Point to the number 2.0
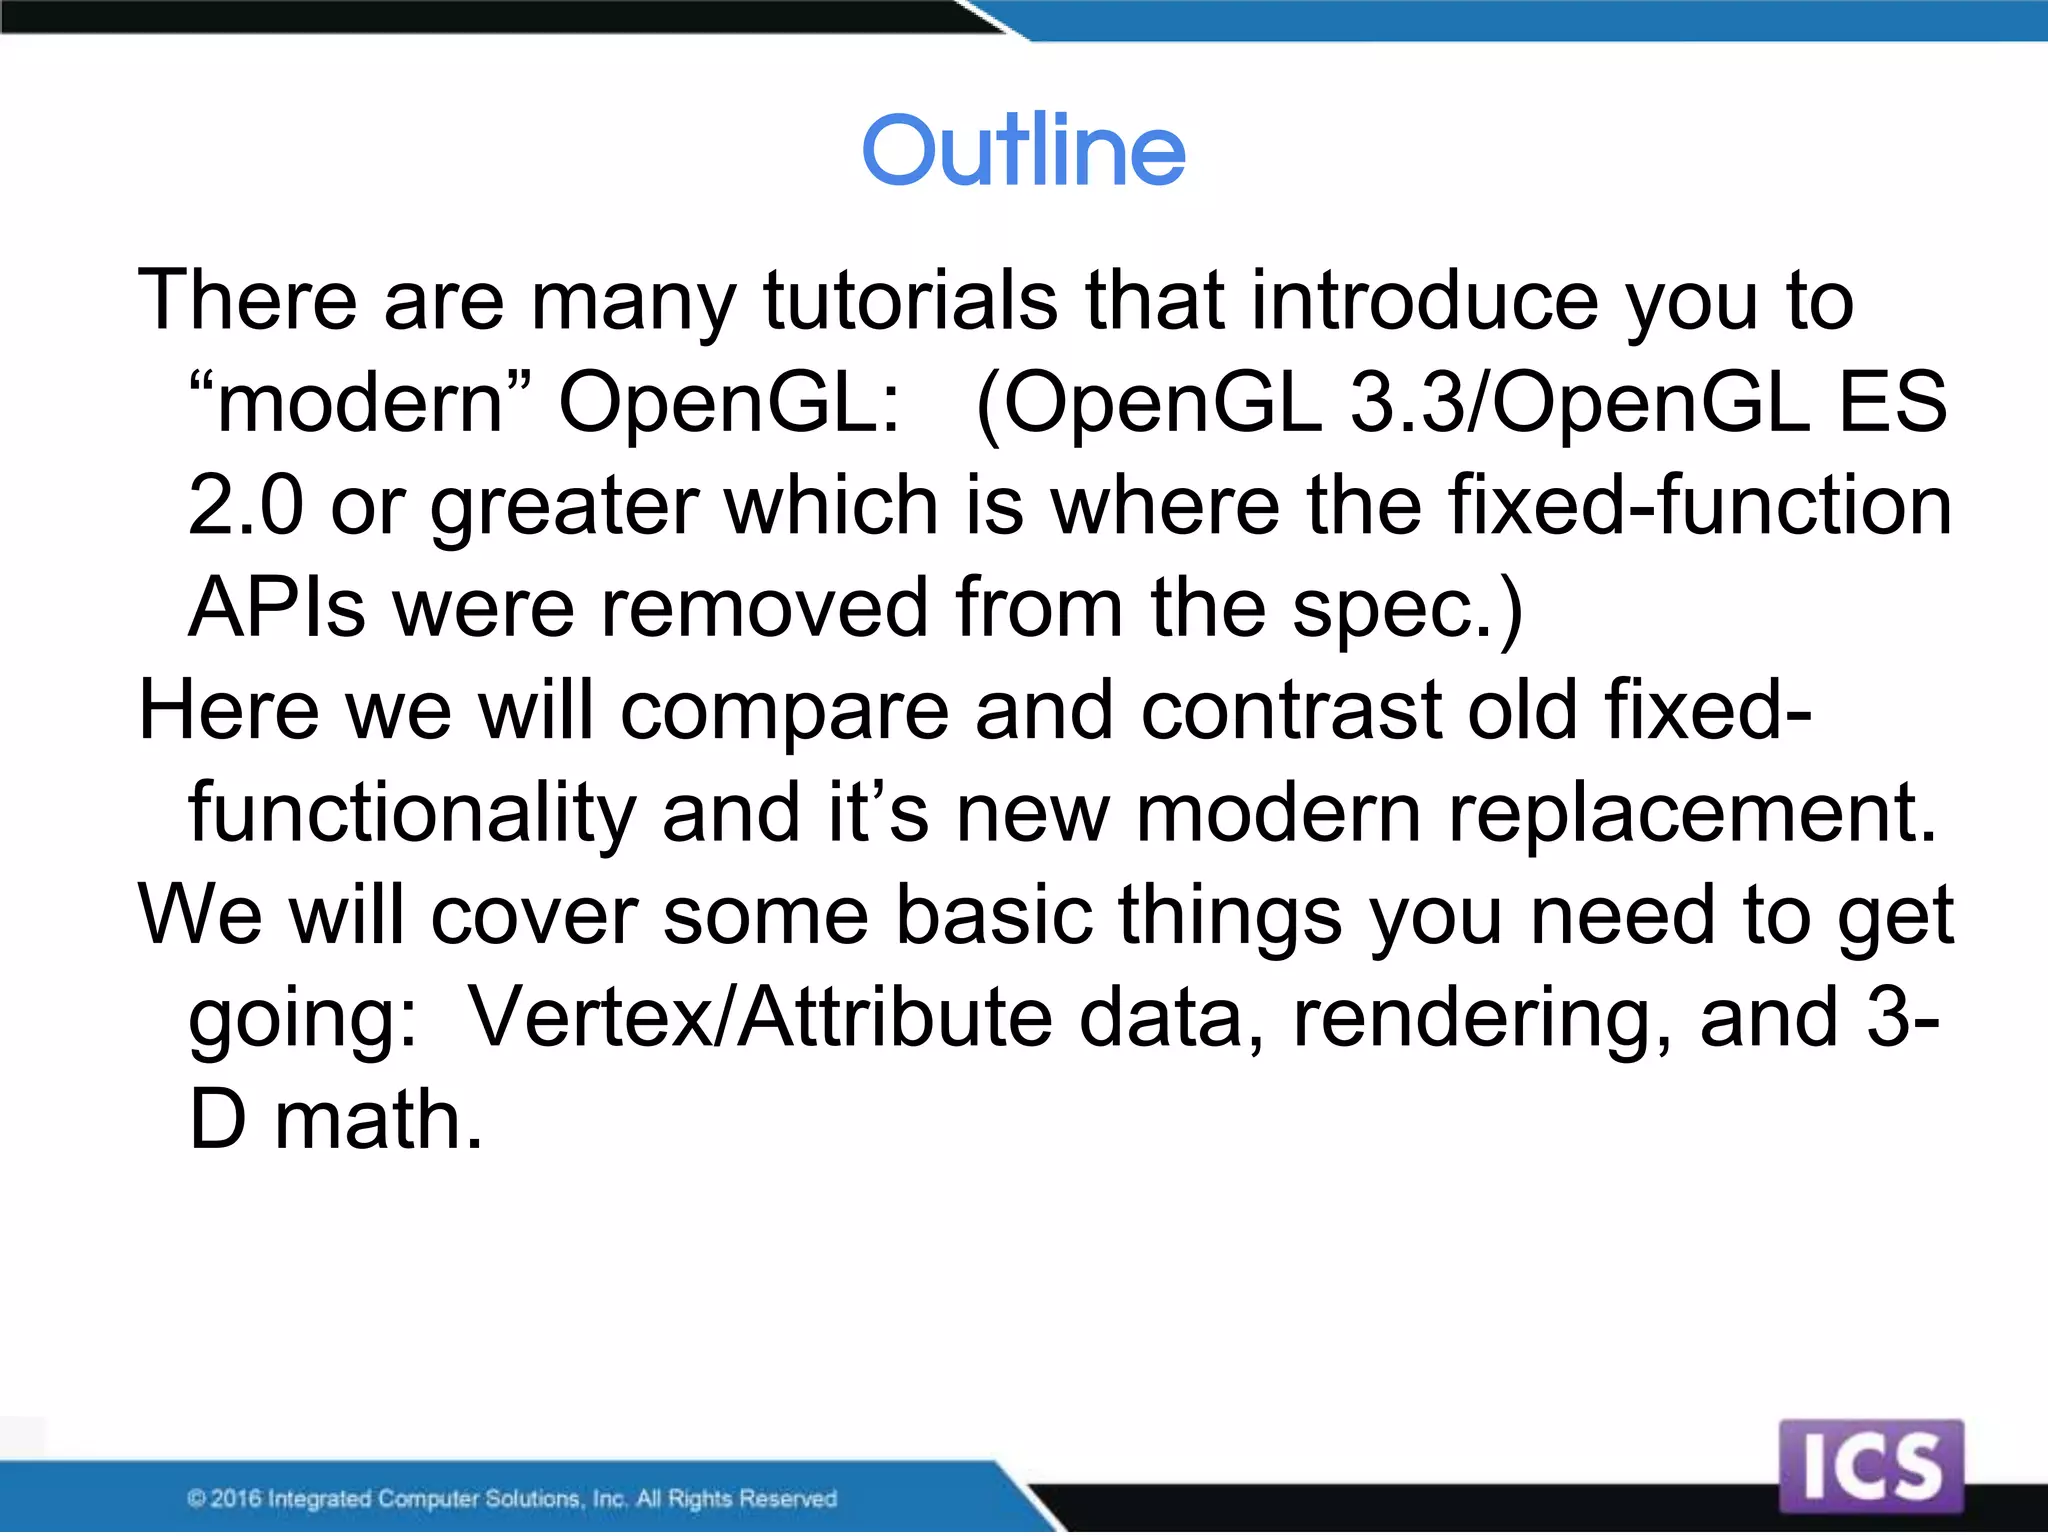(x=245, y=505)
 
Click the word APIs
(x=277, y=607)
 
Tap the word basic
(x=993, y=915)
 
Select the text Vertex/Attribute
(x=760, y=1018)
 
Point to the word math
(x=378, y=1120)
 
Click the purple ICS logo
(x=1871, y=1466)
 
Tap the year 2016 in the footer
(x=236, y=1498)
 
